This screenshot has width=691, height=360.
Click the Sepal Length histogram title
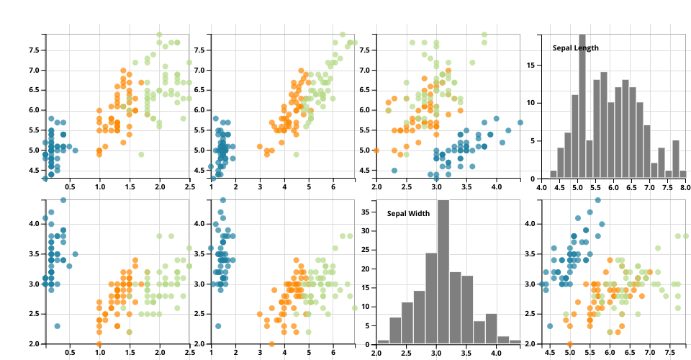tap(576, 48)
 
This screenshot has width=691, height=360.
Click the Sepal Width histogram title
tap(408, 214)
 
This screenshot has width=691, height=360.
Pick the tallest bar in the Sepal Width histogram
tap(443, 271)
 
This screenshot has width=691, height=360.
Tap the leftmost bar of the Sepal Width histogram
tap(383, 341)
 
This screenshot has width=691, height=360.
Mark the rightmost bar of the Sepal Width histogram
tap(515, 341)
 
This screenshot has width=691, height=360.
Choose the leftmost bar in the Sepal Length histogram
tap(553, 175)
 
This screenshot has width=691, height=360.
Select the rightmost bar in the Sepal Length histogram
tap(682, 175)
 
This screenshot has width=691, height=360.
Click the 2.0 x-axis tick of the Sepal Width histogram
tap(376, 352)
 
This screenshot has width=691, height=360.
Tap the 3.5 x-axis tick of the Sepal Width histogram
tap(466, 352)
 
